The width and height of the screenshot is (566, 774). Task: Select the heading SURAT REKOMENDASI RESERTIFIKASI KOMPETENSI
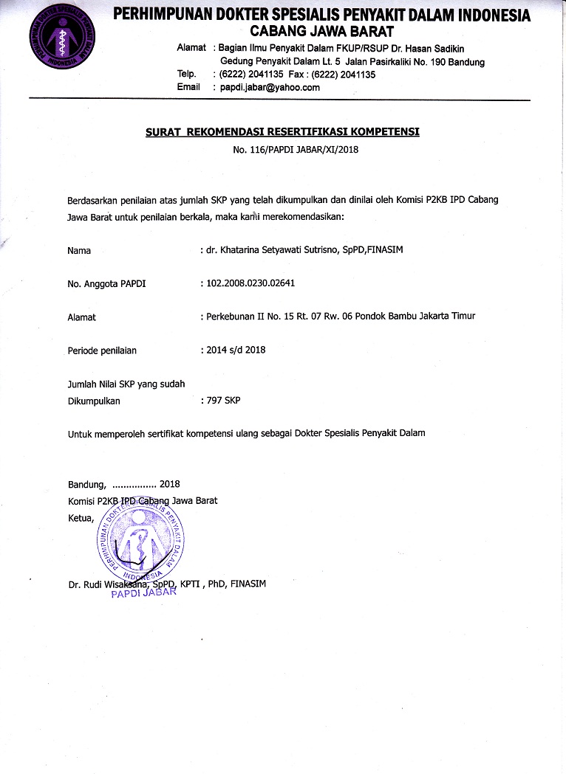[282, 132]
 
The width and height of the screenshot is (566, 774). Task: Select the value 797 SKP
[223, 401]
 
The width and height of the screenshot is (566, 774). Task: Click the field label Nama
[79, 251]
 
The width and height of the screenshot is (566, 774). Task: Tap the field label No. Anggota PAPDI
[106, 283]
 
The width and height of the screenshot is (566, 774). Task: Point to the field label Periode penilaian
[102, 350]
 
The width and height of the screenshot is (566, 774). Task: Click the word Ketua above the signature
[81, 516]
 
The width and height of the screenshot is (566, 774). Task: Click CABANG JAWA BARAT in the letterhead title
[322, 31]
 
